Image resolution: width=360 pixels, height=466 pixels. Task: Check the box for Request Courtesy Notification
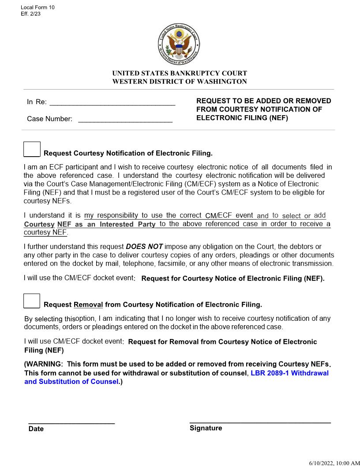click(x=32, y=149)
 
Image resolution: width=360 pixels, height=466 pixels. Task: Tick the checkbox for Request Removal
click(x=32, y=301)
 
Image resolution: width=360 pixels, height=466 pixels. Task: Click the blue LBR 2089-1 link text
click(x=289, y=373)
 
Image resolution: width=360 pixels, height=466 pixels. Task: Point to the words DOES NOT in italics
click(x=144, y=247)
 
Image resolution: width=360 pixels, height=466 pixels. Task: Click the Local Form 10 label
click(x=37, y=8)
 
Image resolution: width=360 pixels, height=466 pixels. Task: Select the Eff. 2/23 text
click(x=31, y=14)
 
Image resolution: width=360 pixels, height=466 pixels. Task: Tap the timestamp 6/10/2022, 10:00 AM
click(x=334, y=462)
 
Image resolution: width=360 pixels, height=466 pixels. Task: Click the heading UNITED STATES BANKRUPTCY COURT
click(x=180, y=73)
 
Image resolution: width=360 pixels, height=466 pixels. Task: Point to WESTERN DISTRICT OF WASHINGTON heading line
click(x=180, y=82)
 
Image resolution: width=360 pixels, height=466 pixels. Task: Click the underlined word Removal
click(x=88, y=305)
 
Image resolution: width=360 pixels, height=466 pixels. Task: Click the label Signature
click(x=206, y=428)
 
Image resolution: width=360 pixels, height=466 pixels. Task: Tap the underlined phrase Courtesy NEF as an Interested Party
click(x=90, y=225)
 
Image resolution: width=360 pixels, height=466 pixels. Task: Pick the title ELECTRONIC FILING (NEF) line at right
click(x=242, y=118)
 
